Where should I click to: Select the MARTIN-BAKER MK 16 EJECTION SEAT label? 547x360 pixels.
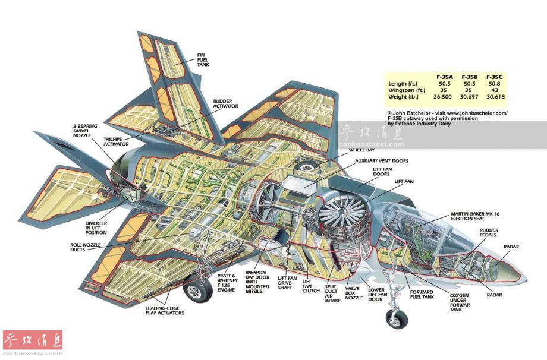point(472,217)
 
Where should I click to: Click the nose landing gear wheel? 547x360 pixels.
point(394,319)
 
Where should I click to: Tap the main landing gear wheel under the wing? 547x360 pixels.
point(195,290)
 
